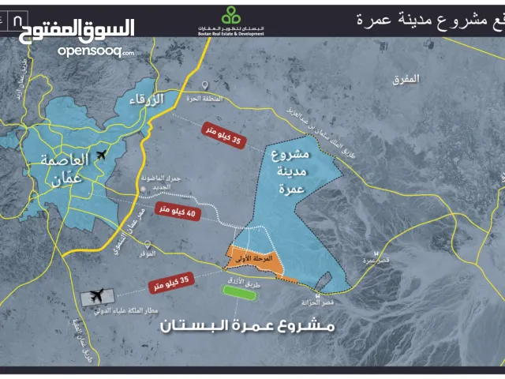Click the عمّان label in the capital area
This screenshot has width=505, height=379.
65,179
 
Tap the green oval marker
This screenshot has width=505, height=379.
239,291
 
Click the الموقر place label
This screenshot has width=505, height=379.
144,254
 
